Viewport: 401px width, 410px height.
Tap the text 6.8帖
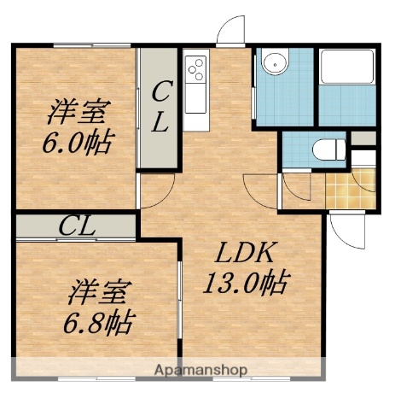pos(101,322)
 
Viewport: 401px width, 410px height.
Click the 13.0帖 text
pos(246,281)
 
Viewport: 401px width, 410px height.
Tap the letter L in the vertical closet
pos(160,123)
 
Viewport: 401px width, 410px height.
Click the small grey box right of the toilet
pos(363,138)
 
